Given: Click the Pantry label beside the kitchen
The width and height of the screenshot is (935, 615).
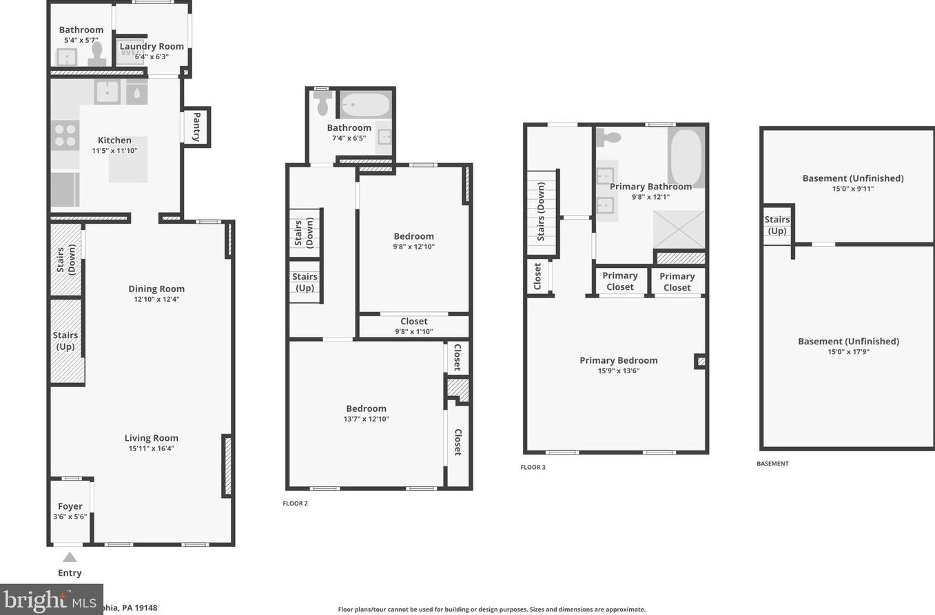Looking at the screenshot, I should pyautogui.click(x=197, y=127).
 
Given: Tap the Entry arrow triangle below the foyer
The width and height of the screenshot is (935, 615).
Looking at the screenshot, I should pyautogui.click(x=70, y=557).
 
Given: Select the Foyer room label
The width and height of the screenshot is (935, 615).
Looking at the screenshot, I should pyautogui.click(x=70, y=506).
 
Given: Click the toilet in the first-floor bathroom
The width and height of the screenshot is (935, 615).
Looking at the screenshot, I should pyautogui.click(x=97, y=54).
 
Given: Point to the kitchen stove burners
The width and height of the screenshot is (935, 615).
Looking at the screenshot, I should pyautogui.click(x=65, y=135).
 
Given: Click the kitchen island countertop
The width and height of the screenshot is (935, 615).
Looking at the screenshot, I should pyautogui.click(x=128, y=159).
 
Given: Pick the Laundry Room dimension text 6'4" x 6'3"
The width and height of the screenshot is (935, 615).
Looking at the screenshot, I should pyautogui.click(x=152, y=56).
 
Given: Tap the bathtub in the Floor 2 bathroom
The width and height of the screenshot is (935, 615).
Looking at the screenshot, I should pyautogui.click(x=365, y=105).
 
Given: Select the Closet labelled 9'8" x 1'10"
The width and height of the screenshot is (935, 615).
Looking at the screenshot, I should pyautogui.click(x=413, y=326).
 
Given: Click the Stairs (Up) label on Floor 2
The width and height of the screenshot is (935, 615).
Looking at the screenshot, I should pyautogui.click(x=305, y=282).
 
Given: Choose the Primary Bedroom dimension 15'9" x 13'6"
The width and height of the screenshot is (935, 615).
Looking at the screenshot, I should pyautogui.click(x=618, y=371).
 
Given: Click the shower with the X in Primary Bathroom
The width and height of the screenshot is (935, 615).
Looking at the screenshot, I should pyautogui.click(x=679, y=229).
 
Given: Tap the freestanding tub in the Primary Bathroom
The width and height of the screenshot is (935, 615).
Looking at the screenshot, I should pyautogui.click(x=686, y=156).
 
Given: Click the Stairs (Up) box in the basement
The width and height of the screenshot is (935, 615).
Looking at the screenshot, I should pyautogui.click(x=777, y=225).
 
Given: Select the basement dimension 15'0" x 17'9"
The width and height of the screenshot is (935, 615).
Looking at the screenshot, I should pyautogui.click(x=848, y=352).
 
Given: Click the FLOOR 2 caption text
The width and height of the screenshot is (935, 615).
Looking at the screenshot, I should pyautogui.click(x=296, y=503).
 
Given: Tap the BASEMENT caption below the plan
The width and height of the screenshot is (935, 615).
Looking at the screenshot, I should pyautogui.click(x=772, y=463).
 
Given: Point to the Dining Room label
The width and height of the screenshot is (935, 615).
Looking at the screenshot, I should pyautogui.click(x=156, y=289).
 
